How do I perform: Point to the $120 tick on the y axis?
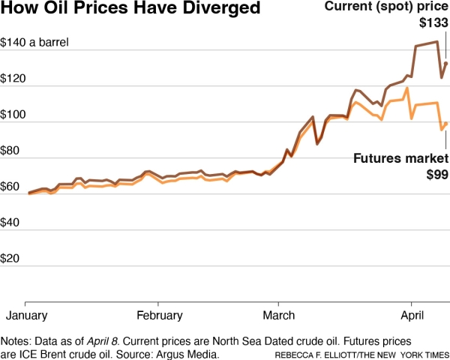point(16,79)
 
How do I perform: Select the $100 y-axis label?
point(16,115)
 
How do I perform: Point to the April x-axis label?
point(412,314)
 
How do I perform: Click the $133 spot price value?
point(433,24)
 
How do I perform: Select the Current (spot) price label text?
point(385,7)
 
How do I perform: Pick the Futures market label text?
point(400,159)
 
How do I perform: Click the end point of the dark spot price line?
point(446,64)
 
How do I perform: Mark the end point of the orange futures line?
point(446,123)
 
